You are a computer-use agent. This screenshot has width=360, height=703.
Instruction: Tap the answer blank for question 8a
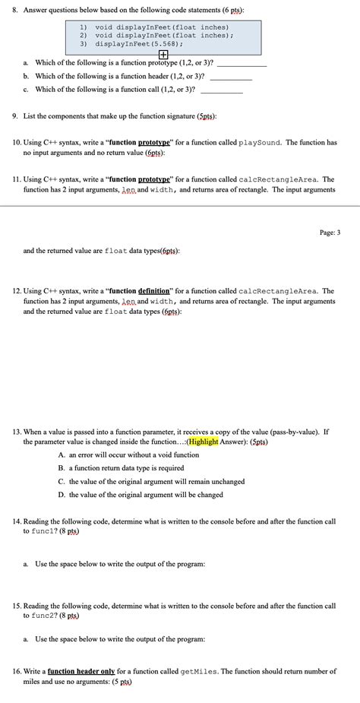point(242,65)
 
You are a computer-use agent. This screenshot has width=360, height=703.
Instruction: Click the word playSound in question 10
point(261,142)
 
